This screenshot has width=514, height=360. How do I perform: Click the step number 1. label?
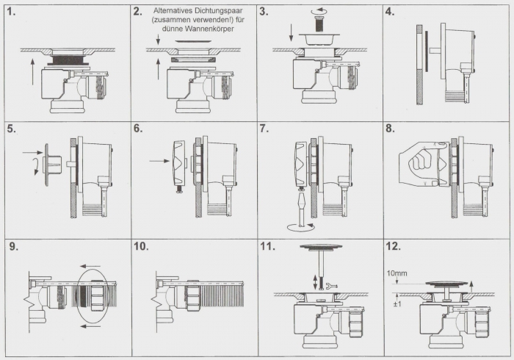(11, 12)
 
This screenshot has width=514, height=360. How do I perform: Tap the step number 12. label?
(394, 246)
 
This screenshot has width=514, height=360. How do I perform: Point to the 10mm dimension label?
(397, 273)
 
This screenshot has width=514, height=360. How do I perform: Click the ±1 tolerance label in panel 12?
(397, 304)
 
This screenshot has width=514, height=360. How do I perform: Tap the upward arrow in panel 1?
(32, 71)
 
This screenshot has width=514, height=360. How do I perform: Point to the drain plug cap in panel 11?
(321, 246)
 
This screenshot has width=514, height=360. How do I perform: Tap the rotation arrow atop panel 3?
(320, 11)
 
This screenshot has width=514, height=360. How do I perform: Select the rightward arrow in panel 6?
(159, 161)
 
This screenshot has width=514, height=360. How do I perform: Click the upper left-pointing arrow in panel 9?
(90, 266)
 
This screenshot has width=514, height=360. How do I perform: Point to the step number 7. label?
(264, 129)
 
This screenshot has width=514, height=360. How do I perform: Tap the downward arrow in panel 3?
(292, 33)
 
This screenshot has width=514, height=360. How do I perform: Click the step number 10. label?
(141, 246)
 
